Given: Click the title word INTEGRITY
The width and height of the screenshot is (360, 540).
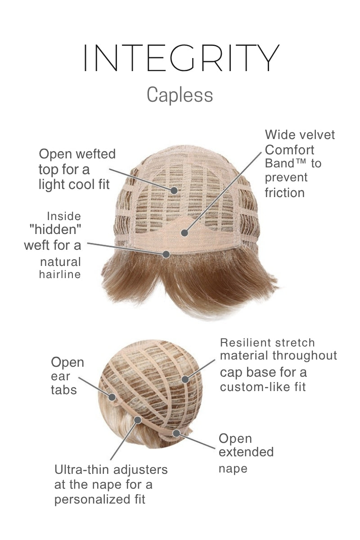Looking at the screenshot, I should (x=180, y=58).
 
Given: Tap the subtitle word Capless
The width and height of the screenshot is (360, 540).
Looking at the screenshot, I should (x=180, y=95).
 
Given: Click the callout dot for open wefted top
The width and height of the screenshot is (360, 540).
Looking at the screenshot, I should (x=174, y=190).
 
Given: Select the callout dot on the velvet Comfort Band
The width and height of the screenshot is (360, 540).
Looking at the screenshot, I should (x=184, y=233).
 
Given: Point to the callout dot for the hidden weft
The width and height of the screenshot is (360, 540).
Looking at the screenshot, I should (x=166, y=254).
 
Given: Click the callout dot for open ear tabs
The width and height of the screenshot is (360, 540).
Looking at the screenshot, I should (x=112, y=396).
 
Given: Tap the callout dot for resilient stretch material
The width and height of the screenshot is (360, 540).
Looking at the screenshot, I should (x=185, y=379).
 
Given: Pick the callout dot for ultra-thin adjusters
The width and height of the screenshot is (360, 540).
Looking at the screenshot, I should (x=138, y=420).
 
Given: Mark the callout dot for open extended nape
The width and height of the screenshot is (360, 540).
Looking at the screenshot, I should (x=176, y=433).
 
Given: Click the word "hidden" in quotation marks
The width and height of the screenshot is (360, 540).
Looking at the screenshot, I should (x=55, y=230).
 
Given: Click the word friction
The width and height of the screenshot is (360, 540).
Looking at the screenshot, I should (x=284, y=193).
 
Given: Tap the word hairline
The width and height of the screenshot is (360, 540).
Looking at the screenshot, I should (x=60, y=274).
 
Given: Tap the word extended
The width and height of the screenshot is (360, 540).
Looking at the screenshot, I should (x=246, y=452).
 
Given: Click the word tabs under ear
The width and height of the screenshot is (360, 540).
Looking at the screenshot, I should (x=63, y=390).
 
